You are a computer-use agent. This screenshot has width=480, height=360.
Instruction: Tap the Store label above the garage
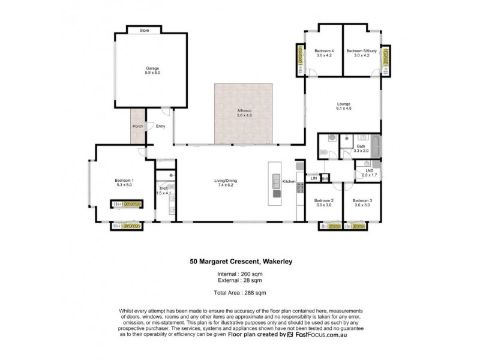[144, 29]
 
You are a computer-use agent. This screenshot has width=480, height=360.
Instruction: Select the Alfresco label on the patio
[244, 112]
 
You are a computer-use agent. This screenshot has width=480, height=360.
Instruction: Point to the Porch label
[137, 126]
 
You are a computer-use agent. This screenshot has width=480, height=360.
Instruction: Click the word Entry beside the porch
[160, 126]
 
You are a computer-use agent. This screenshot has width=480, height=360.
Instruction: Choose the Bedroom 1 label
[124, 181]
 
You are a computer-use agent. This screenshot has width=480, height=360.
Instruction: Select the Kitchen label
[289, 181]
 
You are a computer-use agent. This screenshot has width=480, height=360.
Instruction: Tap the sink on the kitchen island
[276, 179]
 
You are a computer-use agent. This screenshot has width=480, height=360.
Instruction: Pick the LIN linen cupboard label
[313, 178]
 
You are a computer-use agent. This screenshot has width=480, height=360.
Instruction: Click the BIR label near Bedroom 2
[325, 178]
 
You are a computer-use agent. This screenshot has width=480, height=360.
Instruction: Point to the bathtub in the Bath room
[376, 148]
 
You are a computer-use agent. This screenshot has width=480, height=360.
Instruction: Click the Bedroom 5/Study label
[361, 51]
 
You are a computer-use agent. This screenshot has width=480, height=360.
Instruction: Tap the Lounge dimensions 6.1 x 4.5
[343, 109]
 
